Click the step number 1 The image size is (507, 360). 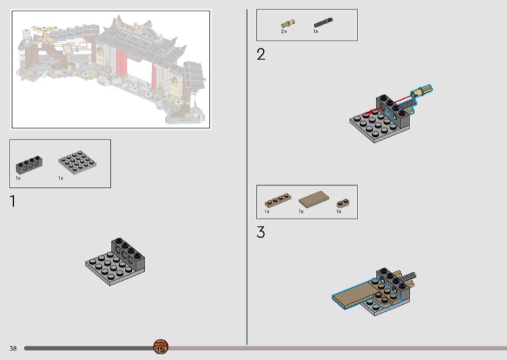click(x=13, y=201)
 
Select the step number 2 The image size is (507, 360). click(x=261, y=55)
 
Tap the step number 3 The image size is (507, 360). click(x=261, y=232)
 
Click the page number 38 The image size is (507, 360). click(x=13, y=349)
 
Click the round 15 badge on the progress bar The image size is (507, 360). click(x=161, y=347)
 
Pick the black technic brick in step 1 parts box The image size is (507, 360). click(x=29, y=164)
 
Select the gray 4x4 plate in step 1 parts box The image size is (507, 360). click(x=77, y=162)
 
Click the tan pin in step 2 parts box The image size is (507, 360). click(x=288, y=23)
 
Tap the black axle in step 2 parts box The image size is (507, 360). click(x=323, y=22)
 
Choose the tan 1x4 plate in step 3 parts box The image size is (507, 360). click(x=278, y=200)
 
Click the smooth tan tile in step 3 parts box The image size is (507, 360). click(x=314, y=199)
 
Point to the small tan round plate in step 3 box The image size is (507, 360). click(x=343, y=203)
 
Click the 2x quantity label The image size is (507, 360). click(x=284, y=32)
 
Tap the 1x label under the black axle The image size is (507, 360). click(x=316, y=32)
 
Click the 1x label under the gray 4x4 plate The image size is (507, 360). click(x=61, y=178)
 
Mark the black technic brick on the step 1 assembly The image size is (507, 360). click(x=128, y=254)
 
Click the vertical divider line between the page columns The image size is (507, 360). click(x=247, y=177)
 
